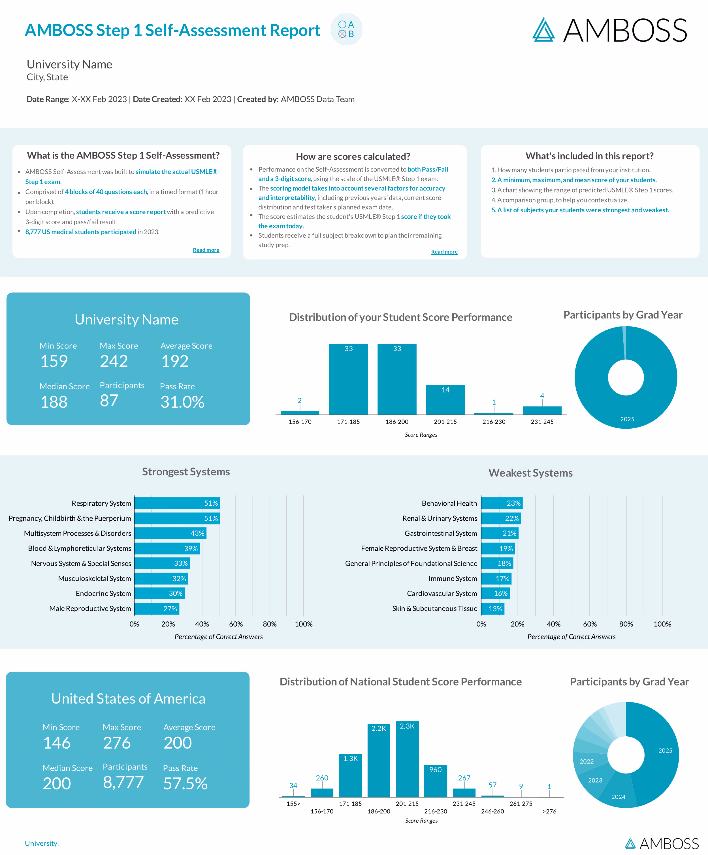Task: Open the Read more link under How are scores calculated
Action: [444, 252]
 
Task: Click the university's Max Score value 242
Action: [114, 361]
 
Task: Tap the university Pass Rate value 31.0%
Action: [182, 402]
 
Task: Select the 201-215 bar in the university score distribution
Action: [445, 400]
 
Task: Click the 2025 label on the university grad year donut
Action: [627, 419]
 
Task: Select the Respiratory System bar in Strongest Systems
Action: [177, 503]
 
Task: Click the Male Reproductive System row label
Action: [90, 608]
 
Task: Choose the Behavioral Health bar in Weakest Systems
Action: [502, 503]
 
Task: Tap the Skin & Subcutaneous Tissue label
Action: [434, 608]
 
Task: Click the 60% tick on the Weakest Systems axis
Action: [589, 624]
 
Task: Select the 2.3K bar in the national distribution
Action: [407, 759]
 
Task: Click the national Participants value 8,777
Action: [123, 782]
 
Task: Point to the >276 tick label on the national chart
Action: [549, 811]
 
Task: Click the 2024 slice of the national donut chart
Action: [618, 794]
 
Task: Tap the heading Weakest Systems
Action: [530, 473]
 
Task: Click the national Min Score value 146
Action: [57, 743]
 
